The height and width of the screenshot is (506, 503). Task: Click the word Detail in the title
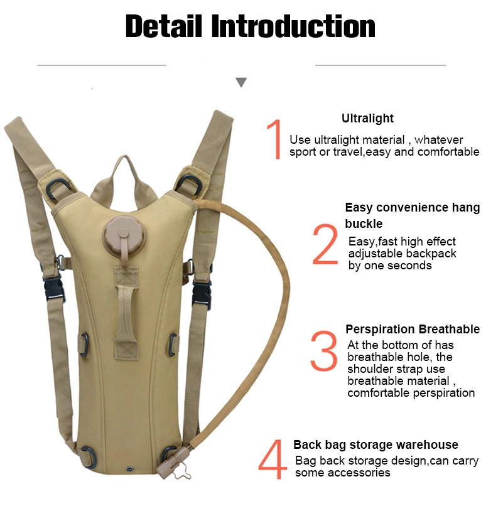[x=163, y=26]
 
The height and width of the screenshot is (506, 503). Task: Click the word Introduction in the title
[x=293, y=26]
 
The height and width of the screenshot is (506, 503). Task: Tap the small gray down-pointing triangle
[x=241, y=82]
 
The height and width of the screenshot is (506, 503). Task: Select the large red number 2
[x=325, y=244]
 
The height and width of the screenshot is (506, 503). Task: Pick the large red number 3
[x=324, y=350]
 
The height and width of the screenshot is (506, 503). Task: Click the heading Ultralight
[x=367, y=118]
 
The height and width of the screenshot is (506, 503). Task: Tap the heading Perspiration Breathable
[x=413, y=329]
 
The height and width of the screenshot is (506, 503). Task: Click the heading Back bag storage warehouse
[x=376, y=444]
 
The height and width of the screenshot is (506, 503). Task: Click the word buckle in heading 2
[x=364, y=223]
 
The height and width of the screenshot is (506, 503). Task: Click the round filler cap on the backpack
[x=124, y=234]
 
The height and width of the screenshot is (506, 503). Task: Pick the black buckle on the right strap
[x=202, y=294]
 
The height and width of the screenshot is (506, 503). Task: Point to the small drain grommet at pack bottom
[x=130, y=468]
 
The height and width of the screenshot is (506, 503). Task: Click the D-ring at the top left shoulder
[x=58, y=189]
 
